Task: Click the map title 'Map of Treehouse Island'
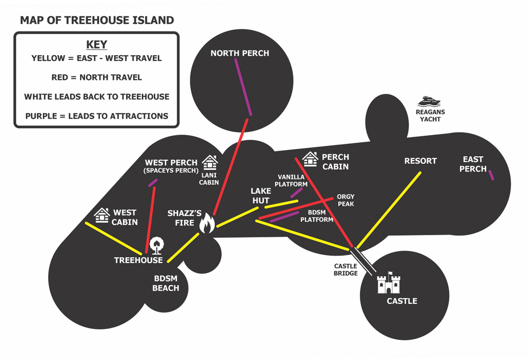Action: coord(97,20)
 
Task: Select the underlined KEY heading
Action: coord(97,45)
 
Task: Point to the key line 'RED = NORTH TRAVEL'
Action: coord(97,77)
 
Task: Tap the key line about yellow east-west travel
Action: coord(97,58)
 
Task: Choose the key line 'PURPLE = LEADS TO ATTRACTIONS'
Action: coord(97,116)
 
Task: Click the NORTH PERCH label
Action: coord(240,53)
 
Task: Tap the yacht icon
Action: coord(429,101)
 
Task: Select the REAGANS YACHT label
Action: coord(430,116)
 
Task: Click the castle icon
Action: coord(389,283)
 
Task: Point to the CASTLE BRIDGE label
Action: coord(345,270)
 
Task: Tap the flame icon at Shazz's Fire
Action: coord(207,223)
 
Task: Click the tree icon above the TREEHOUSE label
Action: coord(156,246)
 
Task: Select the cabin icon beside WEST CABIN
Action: coord(102,215)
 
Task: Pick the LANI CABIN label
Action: coord(209,178)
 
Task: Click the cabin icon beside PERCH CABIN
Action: coord(310,159)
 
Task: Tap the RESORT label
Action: coord(421,161)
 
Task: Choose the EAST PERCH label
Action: coord(473,164)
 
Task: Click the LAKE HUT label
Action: coord(261,196)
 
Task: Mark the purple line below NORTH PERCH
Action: coord(243,87)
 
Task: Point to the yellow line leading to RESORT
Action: coord(389,210)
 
